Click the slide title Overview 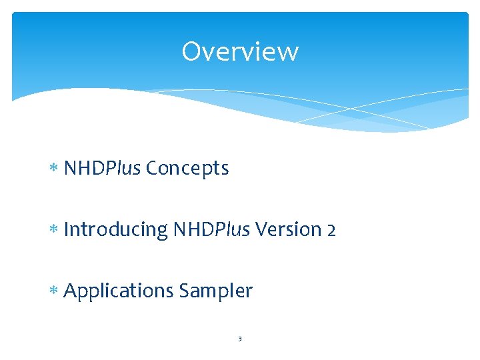click(x=240, y=51)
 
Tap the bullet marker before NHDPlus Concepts click(x=54, y=169)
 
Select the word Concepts click(x=187, y=169)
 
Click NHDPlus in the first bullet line click(x=102, y=169)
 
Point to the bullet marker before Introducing click(x=54, y=231)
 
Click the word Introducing click(x=115, y=230)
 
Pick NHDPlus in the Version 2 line click(x=211, y=230)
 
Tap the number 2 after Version click(x=331, y=230)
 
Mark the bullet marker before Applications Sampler click(x=54, y=292)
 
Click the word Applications click(x=118, y=291)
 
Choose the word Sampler click(x=215, y=291)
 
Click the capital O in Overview click(x=191, y=51)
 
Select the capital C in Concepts click(x=151, y=169)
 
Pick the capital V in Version click(x=261, y=230)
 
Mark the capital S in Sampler click(x=183, y=291)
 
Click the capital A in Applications click(x=71, y=291)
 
